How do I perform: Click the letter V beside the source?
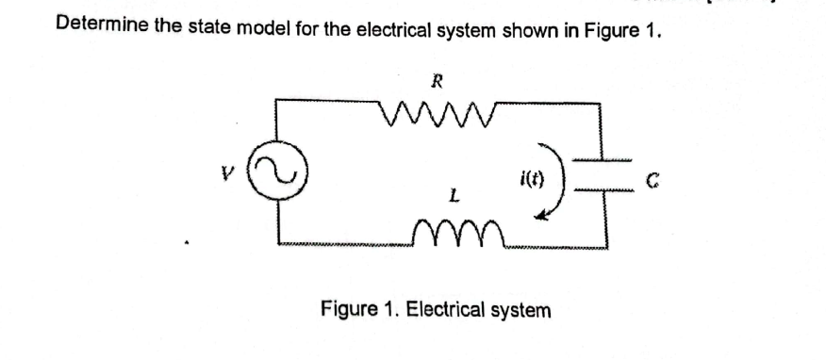pos(223,173)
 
